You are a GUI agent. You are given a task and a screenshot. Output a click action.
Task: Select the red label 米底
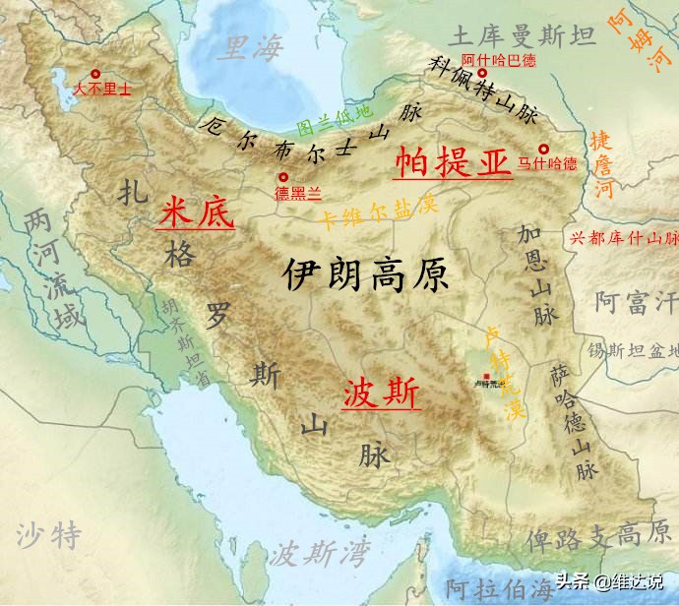196,212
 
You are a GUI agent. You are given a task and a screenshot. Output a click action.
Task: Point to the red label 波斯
381,393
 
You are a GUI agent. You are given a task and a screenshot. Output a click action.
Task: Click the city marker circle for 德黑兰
283,177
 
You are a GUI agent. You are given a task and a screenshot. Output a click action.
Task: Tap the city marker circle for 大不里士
95,74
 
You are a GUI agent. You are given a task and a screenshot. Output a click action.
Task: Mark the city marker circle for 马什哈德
542,150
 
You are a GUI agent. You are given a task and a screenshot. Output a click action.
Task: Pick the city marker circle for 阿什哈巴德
482,73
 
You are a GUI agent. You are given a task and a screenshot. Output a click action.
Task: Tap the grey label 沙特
49,535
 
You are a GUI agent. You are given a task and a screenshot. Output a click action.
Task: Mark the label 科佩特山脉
484,91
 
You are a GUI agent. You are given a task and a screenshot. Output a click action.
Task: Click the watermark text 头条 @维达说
607,580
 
